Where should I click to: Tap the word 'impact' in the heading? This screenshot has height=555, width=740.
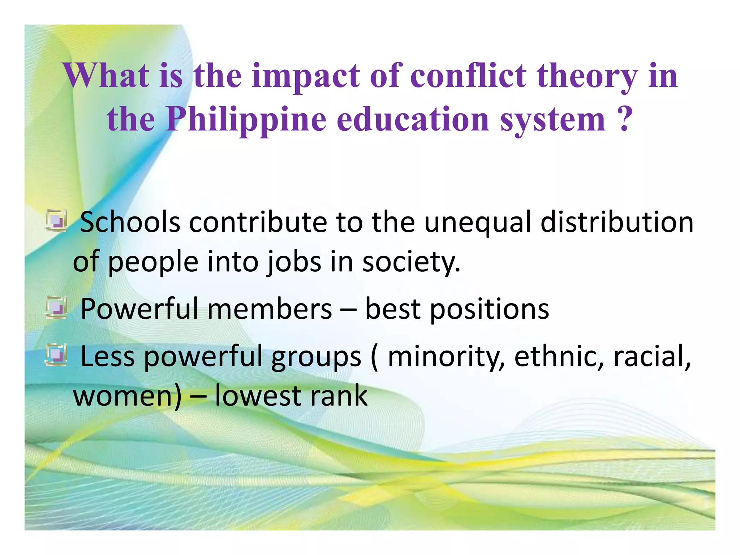point(306,77)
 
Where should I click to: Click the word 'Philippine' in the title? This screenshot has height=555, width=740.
point(246,120)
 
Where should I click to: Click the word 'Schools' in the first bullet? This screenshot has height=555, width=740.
point(130,222)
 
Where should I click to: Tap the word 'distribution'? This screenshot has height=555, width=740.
point(617,222)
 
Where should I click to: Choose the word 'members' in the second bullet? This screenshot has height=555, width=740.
point(270,309)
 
